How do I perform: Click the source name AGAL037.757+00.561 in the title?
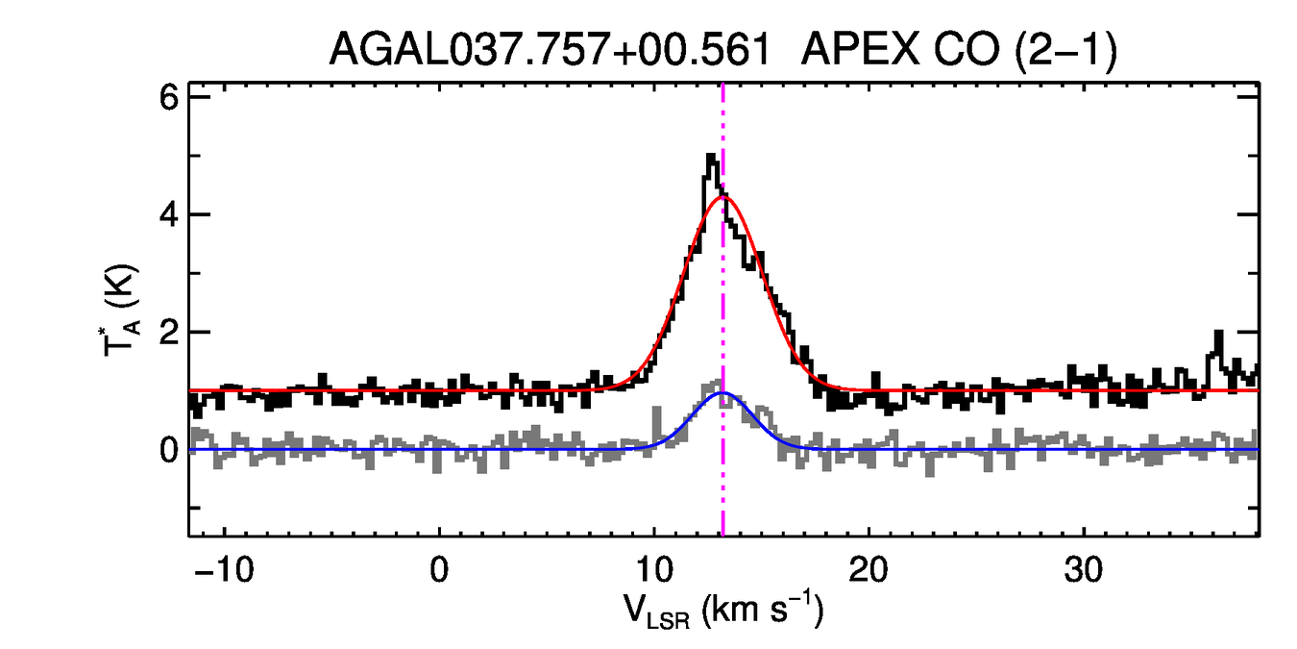(x=550, y=50)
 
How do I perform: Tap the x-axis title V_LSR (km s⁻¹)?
(x=723, y=611)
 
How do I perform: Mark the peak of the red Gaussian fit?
(x=722, y=198)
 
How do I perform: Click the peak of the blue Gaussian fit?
(x=722, y=393)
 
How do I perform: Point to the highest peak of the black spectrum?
(x=711, y=156)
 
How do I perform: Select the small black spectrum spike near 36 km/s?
(x=1218, y=333)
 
